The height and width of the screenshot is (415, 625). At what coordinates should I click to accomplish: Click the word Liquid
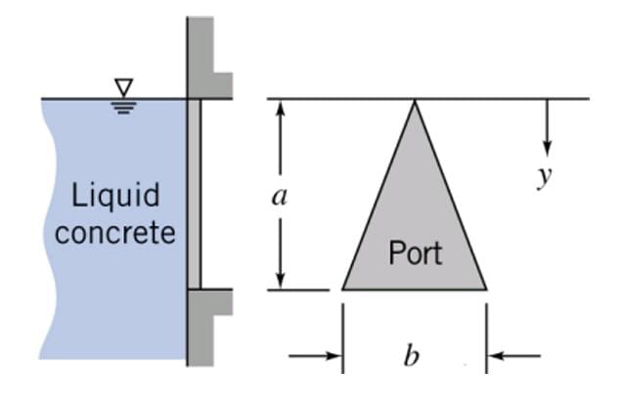click(x=116, y=196)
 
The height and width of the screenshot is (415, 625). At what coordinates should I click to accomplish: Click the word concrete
click(x=115, y=233)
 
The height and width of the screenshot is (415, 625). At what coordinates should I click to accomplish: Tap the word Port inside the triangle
click(x=415, y=253)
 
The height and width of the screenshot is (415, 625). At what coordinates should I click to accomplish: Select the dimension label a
click(x=280, y=197)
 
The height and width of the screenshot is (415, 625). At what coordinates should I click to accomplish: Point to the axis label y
click(x=544, y=177)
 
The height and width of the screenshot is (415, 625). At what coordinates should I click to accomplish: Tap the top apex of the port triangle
click(x=415, y=101)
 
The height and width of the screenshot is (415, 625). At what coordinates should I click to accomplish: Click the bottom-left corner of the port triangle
click(x=343, y=289)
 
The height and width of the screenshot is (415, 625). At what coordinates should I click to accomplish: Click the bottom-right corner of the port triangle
click(x=485, y=289)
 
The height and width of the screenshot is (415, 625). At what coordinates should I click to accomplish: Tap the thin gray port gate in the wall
click(x=194, y=194)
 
